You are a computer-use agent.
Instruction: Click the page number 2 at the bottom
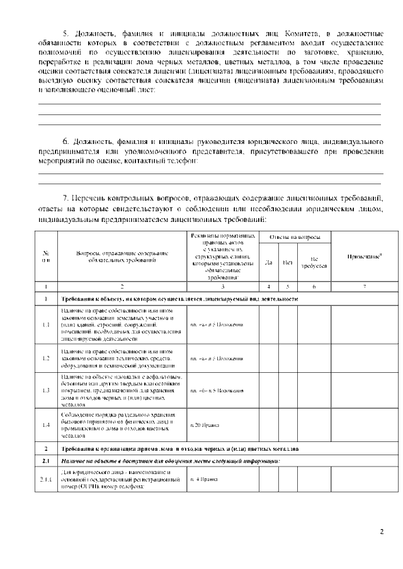(381, 532)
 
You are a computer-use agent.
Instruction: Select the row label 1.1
(47, 325)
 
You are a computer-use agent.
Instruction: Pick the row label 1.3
(47, 390)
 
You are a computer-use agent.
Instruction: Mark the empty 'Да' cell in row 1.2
(269, 358)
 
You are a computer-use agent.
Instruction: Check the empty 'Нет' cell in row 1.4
(287, 425)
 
